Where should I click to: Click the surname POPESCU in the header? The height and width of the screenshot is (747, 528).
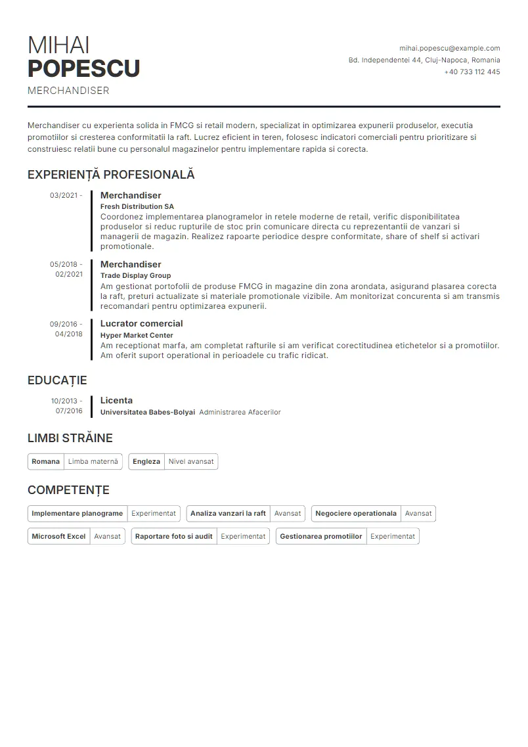pyautogui.click(x=83, y=68)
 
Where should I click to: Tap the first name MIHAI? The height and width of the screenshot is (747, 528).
pyautogui.click(x=58, y=45)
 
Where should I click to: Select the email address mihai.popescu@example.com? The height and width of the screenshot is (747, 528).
pyautogui.click(x=449, y=48)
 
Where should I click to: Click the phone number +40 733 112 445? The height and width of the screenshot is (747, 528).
pyautogui.click(x=472, y=72)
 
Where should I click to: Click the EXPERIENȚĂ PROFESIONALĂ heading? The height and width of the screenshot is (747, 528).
pyautogui.click(x=111, y=175)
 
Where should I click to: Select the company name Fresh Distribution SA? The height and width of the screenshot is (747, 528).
pyautogui.click(x=137, y=206)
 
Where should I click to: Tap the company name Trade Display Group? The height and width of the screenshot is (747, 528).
pyautogui.click(x=135, y=275)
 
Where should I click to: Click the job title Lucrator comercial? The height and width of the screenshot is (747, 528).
pyautogui.click(x=141, y=323)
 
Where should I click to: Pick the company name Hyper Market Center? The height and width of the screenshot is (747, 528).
pyautogui.click(x=137, y=335)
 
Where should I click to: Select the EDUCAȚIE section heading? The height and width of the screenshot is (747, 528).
pyautogui.click(x=57, y=380)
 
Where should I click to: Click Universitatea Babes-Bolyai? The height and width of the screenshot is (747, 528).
pyautogui.click(x=147, y=412)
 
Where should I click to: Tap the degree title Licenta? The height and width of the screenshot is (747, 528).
pyautogui.click(x=116, y=400)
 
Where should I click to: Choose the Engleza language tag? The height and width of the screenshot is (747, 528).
pyautogui.click(x=146, y=461)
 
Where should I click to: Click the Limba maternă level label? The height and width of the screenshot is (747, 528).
pyautogui.click(x=93, y=461)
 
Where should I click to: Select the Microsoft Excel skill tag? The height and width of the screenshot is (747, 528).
pyautogui.click(x=58, y=536)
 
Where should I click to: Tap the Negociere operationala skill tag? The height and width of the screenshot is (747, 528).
pyautogui.click(x=356, y=513)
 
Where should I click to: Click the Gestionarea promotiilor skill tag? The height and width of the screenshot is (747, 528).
pyautogui.click(x=321, y=536)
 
